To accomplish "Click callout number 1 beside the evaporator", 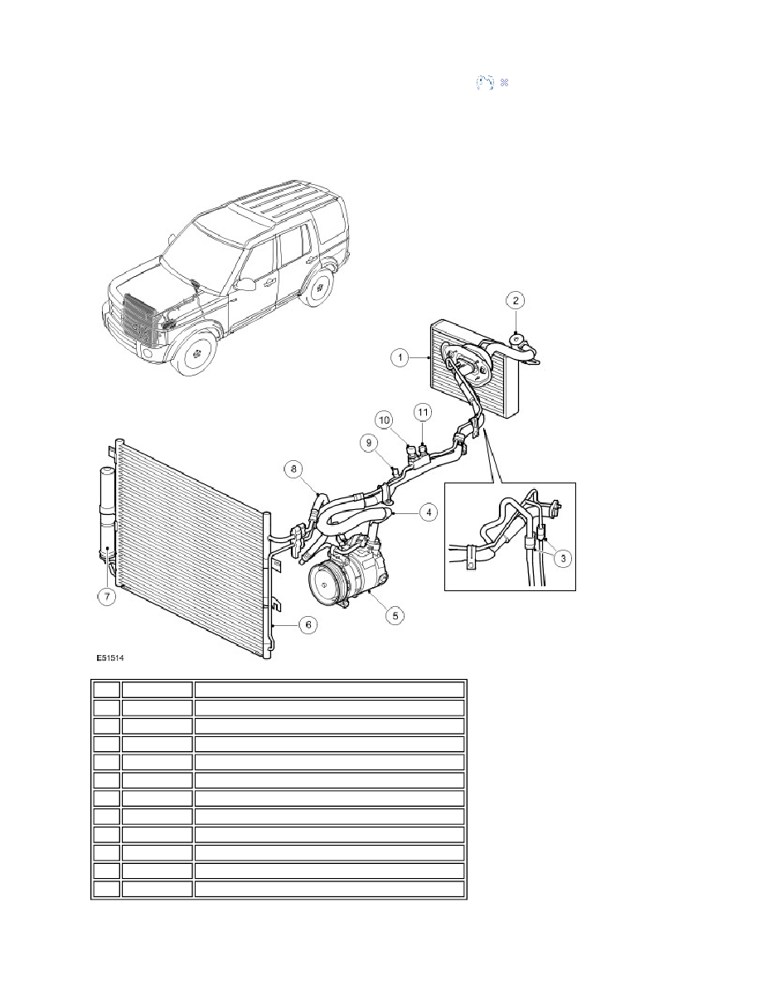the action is pos(400,358).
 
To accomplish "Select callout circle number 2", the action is pos(516,300).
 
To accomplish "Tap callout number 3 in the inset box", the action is pos(563,558).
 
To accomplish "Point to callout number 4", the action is pos(429,512).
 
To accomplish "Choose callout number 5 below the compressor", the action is pos(395,615).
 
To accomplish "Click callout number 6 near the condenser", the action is pos(308,625).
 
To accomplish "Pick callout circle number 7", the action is pos(107,596).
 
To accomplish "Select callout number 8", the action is pos(293,468).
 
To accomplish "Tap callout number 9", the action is pos(370,443).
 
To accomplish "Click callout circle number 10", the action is pos(385,420).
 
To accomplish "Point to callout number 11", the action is pos(423,412).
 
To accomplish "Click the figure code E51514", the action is pos(110,658).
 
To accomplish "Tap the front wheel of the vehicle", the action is pos(197,354).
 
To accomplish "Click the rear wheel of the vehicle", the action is pos(319,288).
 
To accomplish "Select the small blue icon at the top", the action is pos(492,82).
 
